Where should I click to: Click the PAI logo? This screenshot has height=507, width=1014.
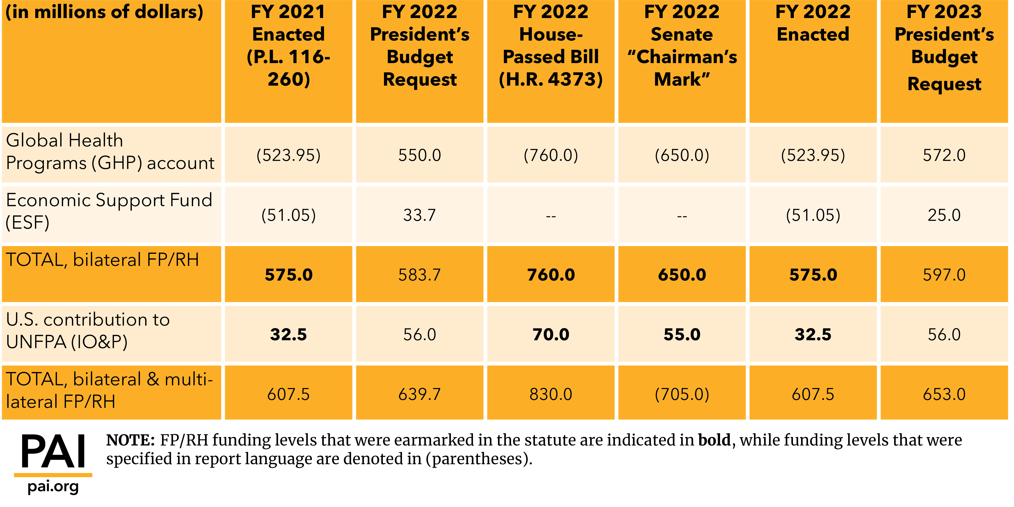coord(53,452)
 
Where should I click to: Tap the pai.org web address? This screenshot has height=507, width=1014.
coord(53,486)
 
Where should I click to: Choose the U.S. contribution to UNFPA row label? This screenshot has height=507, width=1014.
coord(88,331)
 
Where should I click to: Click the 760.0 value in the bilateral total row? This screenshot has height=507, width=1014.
coord(551,275)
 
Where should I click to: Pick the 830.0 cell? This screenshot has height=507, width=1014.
coord(551,394)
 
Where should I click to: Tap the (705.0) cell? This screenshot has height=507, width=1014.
coord(682,394)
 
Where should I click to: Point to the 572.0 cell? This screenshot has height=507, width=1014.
coord(944,155)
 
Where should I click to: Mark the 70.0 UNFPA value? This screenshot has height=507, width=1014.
coord(551,335)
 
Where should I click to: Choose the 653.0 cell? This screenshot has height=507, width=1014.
coord(944,394)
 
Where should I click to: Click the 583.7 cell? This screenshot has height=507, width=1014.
coord(420,275)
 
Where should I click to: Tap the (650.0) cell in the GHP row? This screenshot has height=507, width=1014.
coord(682,155)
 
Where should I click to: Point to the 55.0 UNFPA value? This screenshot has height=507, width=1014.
coord(682,335)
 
